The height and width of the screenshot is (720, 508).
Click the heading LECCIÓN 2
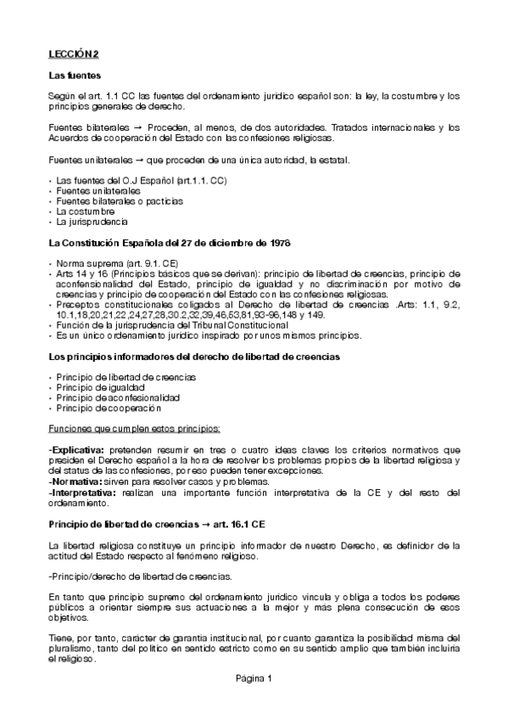[74, 53]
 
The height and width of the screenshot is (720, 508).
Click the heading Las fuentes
[75, 76]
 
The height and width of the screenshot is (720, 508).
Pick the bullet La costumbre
[86, 211]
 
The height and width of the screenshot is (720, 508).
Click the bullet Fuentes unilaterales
[98, 191]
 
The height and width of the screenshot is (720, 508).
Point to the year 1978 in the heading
[278, 243]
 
